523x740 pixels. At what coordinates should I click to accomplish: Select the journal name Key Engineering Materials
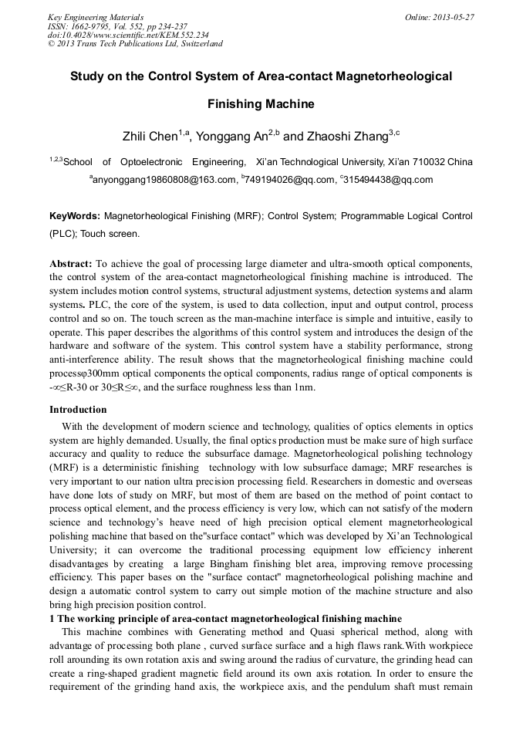click(x=96, y=17)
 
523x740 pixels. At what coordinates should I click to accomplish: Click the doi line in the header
click(x=128, y=35)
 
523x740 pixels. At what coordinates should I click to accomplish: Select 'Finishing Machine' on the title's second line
click(x=261, y=103)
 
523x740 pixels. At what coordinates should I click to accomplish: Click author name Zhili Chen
click(x=150, y=137)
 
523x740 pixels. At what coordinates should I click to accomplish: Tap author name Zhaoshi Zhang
click(x=348, y=137)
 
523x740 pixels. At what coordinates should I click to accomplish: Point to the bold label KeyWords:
click(x=74, y=217)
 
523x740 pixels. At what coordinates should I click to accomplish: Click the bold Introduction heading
click(x=78, y=409)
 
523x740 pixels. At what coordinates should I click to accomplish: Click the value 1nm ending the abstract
click(x=304, y=387)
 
